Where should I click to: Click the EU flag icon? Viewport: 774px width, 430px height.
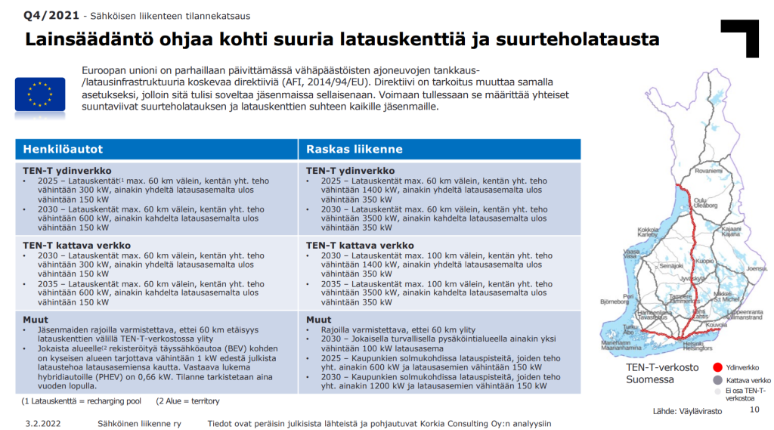[40, 95]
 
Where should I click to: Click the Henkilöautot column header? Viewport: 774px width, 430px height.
[63, 149]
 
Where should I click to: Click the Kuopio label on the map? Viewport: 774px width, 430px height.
[704, 261]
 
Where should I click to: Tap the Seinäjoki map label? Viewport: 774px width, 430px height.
[671, 267]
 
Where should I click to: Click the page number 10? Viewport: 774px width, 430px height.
[753, 410]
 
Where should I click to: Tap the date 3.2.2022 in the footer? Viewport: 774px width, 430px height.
[42, 424]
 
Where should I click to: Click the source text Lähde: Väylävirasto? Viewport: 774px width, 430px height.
[688, 411]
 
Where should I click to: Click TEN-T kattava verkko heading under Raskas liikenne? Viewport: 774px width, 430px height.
[360, 246]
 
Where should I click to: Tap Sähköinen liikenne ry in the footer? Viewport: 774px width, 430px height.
[139, 424]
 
